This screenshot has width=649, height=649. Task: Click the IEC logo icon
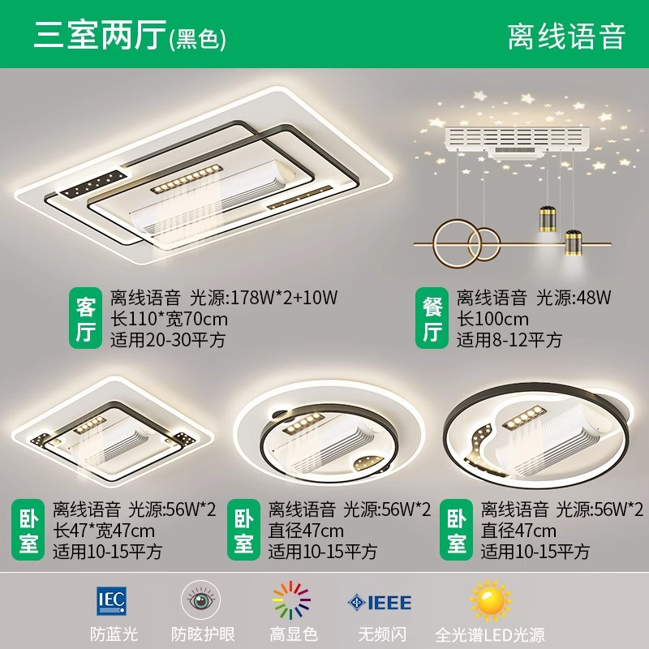point(111,600)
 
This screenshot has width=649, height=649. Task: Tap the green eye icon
point(201,600)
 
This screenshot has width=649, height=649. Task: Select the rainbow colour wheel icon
point(291,600)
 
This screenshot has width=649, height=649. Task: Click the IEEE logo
point(380,602)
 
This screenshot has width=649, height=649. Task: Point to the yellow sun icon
point(490,601)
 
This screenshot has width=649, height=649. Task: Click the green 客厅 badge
point(85,318)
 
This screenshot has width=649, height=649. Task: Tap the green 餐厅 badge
point(432,318)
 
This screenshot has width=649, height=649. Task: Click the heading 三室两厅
point(100,35)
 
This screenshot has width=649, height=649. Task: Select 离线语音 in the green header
point(566,37)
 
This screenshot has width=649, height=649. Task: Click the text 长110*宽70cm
point(169,319)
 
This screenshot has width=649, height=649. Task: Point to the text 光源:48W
point(574,298)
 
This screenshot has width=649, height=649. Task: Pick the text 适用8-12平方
point(509,340)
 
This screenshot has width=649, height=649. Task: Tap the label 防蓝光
point(114,634)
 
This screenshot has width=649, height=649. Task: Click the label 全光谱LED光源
point(490,634)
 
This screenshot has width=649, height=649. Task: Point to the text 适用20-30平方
point(168,340)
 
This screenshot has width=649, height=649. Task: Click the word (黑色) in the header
point(198,41)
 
